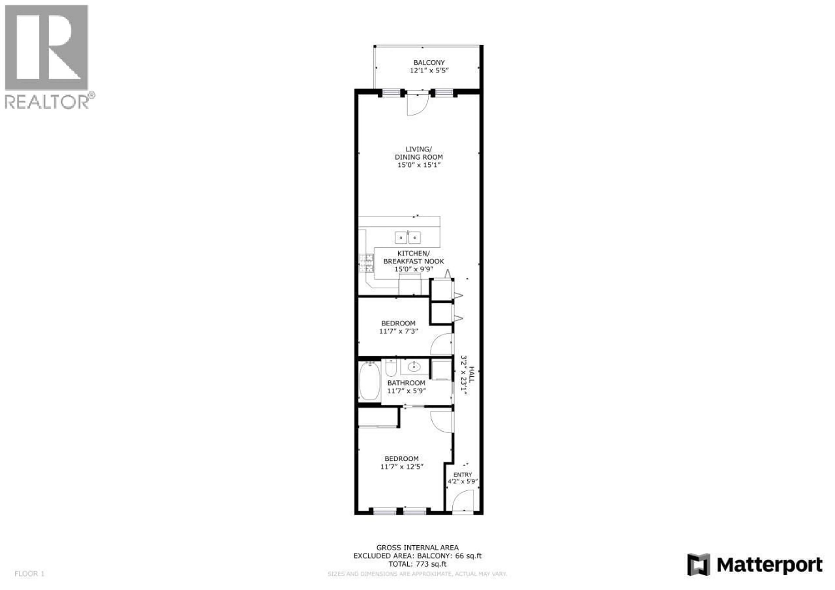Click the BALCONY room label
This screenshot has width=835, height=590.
[x=429, y=63]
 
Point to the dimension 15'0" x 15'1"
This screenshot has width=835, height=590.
[x=419, y=165]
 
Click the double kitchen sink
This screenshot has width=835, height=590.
[x=408, y=238]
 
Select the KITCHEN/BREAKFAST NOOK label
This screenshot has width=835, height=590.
[x=414, y=257]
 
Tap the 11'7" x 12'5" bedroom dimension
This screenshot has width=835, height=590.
[x=402, y=467]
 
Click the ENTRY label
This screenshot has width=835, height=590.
[x=463, y=475]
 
